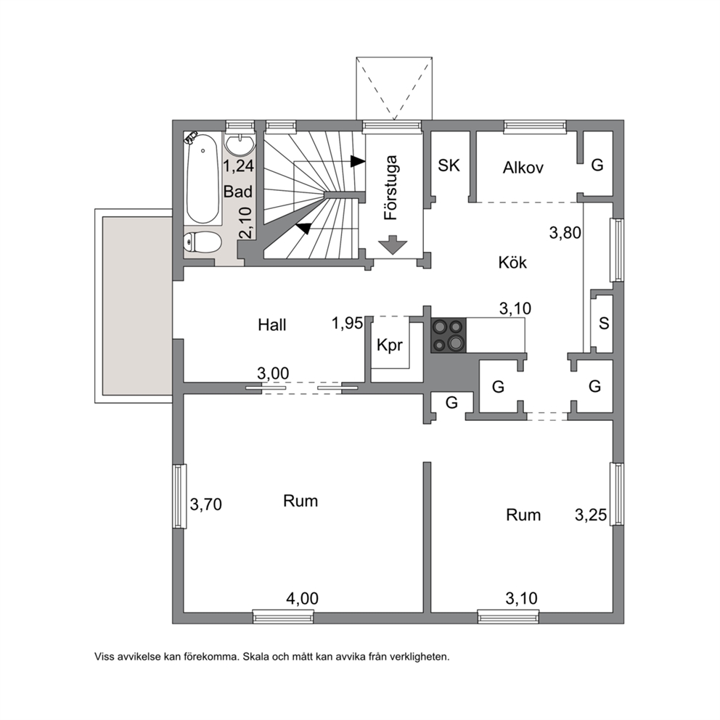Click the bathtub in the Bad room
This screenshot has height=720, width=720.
(x=202, y=178)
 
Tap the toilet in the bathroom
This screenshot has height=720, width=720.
(x=202, y=242)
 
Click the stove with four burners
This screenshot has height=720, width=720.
(x=448, y=335)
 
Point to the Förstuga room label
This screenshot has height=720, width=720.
(x=390, y=188)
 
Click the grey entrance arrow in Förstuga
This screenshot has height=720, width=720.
(x=392, y=245)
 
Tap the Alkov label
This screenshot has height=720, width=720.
(x=523, y=168)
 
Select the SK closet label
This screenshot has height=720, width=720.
(x=449, y=165)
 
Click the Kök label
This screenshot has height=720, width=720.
(x=512, y=263)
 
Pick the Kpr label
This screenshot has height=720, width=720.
(x=389, y=345)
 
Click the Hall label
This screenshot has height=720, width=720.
(x=272, y=325)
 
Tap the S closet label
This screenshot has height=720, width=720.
(x=604, y=323)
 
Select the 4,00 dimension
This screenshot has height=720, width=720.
(x=302, y=598)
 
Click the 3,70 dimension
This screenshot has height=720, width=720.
(x=205, y=504)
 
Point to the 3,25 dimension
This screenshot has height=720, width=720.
(x=591, y=515)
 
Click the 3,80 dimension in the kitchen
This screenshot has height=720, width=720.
(x=565, y=233)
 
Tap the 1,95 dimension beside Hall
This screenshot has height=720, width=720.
(x=347, y=323)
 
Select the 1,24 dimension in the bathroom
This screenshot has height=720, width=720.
(x=238, y=165)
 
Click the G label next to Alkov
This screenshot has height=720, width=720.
(x=597, y=164)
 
